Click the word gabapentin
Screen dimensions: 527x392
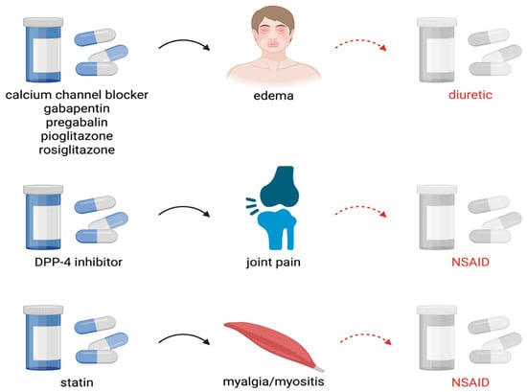click(77, 109)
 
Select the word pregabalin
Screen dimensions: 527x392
click(77, 123)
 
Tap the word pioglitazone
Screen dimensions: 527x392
click(77, 136)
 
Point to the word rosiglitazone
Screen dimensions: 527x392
click(77, 150)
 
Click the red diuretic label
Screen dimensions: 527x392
click(470, 95)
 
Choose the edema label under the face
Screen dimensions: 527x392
click(273, 96)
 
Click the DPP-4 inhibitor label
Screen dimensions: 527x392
click(79, 262)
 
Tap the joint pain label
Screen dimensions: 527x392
click(273, 263)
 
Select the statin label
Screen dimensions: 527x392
click(77, 382)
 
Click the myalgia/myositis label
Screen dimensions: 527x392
click(273, 381)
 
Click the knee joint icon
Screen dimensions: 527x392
click(273, 208)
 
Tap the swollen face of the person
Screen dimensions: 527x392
click(273, 32)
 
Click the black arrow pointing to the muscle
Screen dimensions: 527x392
click(184, 335)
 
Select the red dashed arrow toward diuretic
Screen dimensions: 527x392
click(360, 41)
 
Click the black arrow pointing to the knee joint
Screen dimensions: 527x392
click(184, 208)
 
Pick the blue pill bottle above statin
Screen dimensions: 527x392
click(43, 337)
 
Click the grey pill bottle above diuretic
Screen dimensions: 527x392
click(437, 50)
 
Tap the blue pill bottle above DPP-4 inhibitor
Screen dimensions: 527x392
click(43, 218)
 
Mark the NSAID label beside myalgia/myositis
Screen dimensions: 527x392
click(470, 382)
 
